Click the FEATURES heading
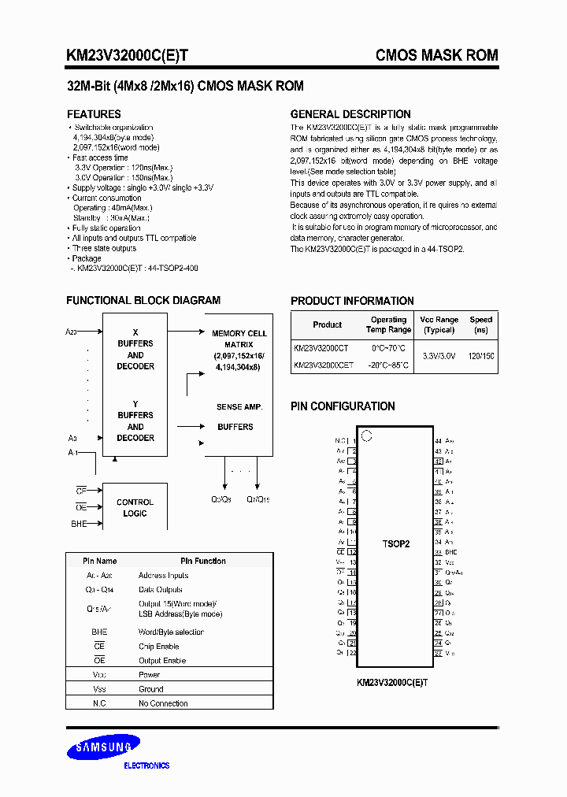pos(94,114)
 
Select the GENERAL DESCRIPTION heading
pos(350,114)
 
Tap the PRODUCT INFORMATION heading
pos(352,301)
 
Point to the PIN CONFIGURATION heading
pos(343,406)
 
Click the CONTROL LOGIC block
pos(135,508)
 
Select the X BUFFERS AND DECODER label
pos(135,350)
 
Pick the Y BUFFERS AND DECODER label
pos(135,421)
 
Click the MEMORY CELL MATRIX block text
pos(239,350)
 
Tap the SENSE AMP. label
pos(239,407)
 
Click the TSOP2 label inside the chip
pos(396,544)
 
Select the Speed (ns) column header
pos(480,325)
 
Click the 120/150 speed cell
pos(480,356)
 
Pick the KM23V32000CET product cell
pos(324,365)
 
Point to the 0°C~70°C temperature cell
pos(387,347)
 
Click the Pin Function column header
pos(203,561)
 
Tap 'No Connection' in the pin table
pos(163,703)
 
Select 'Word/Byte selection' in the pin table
pos(171,632)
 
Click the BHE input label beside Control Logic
pos(79,524)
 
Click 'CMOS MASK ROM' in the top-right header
pos(436,55)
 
